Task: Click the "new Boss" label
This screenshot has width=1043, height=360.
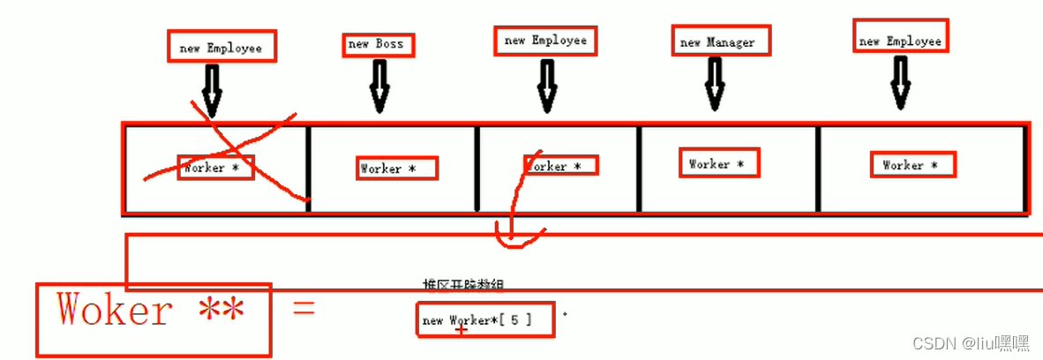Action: click(377, 44)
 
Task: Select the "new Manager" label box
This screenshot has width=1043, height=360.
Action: click(717, 41)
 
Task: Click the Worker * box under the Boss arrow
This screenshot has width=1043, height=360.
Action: click(387, 169)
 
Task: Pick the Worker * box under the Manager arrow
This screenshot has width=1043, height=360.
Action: click(717, 164)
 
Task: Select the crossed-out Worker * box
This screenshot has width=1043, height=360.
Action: click(216, 168)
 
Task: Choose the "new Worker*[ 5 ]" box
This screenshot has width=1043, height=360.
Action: click(485, 320)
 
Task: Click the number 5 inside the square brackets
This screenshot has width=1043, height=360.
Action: click(514, 320)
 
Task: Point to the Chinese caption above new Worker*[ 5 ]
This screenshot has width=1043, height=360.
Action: click(463, 285)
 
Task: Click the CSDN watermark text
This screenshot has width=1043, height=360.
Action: click(971, 342)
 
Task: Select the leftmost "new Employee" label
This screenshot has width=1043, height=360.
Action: click(221, 48)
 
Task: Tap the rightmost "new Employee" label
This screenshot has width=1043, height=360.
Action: click(900, 41)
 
